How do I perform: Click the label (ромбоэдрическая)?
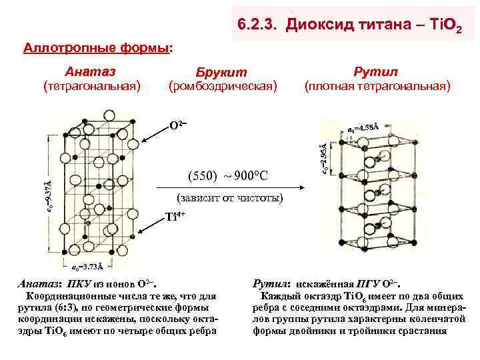223,86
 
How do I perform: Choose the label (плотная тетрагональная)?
377,86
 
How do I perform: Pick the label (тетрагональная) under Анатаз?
91,86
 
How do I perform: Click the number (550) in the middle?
201,176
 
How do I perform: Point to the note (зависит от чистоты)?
231,198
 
